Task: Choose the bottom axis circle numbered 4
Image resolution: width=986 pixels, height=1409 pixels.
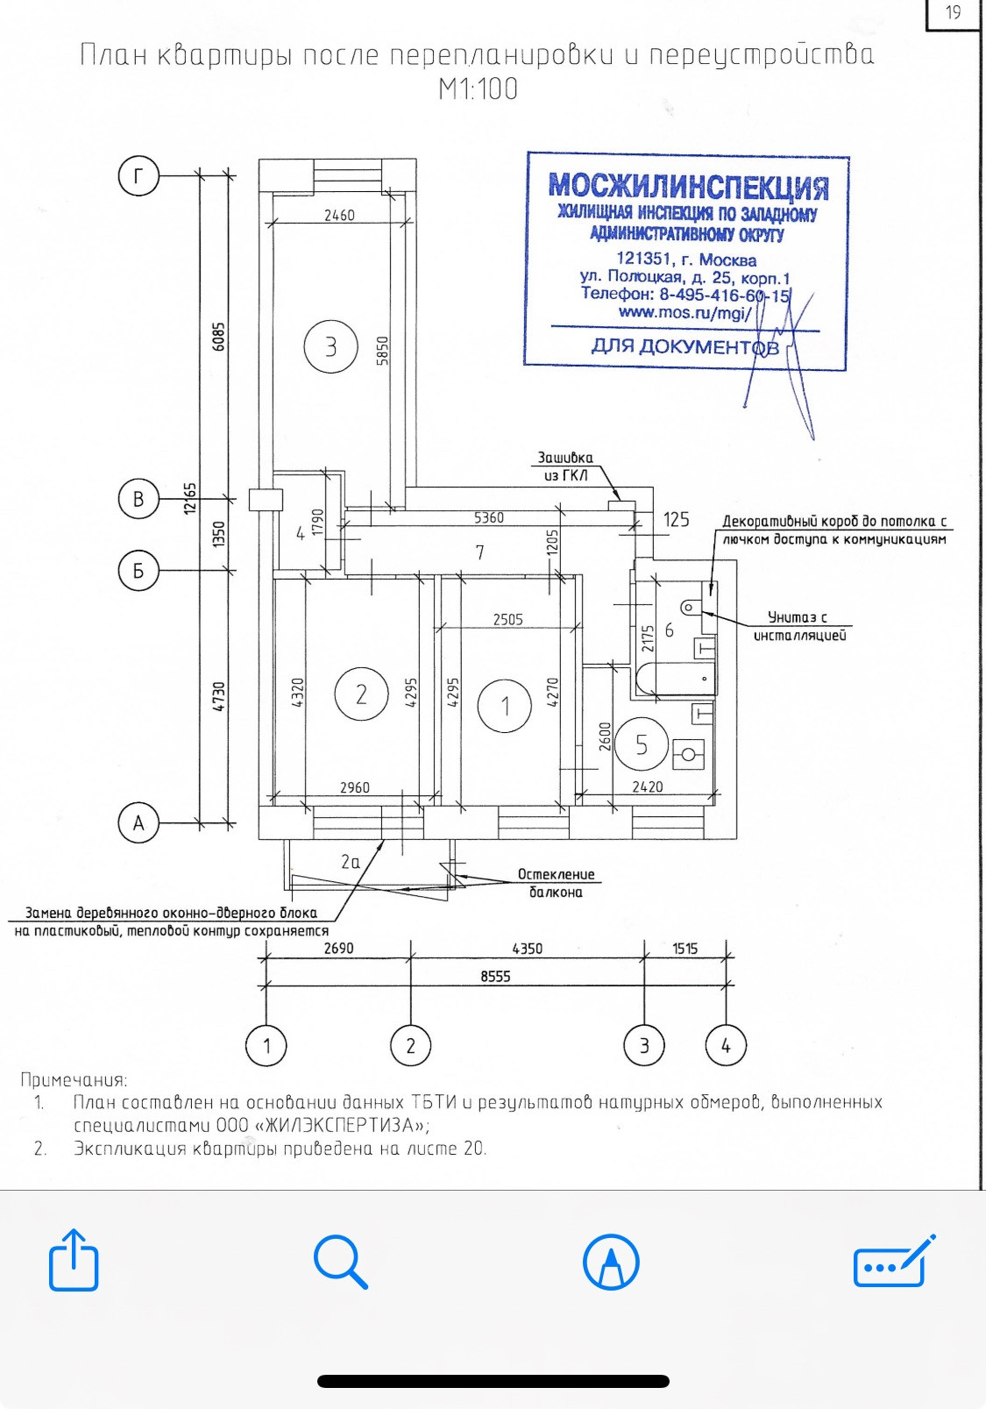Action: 727,1045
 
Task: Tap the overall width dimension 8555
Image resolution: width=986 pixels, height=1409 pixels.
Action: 495,976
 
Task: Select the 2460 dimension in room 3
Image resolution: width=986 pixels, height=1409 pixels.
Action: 339,215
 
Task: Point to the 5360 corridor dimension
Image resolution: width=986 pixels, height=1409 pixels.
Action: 489,517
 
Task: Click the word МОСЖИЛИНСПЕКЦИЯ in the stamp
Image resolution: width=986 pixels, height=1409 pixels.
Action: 689,186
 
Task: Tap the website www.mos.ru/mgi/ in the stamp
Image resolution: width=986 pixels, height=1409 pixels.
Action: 685,313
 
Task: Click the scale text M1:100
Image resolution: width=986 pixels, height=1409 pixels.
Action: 478,89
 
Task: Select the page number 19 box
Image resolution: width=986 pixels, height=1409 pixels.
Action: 954,14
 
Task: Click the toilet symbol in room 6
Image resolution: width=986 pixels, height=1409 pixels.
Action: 692,608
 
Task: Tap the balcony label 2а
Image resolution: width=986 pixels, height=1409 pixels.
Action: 351,862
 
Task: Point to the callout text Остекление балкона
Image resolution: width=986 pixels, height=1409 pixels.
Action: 556,883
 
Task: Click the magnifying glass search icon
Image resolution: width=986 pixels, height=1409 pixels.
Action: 340,1262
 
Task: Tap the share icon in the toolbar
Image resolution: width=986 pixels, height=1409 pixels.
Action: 74,1260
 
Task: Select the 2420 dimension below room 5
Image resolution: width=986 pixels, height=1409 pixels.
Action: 648,786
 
